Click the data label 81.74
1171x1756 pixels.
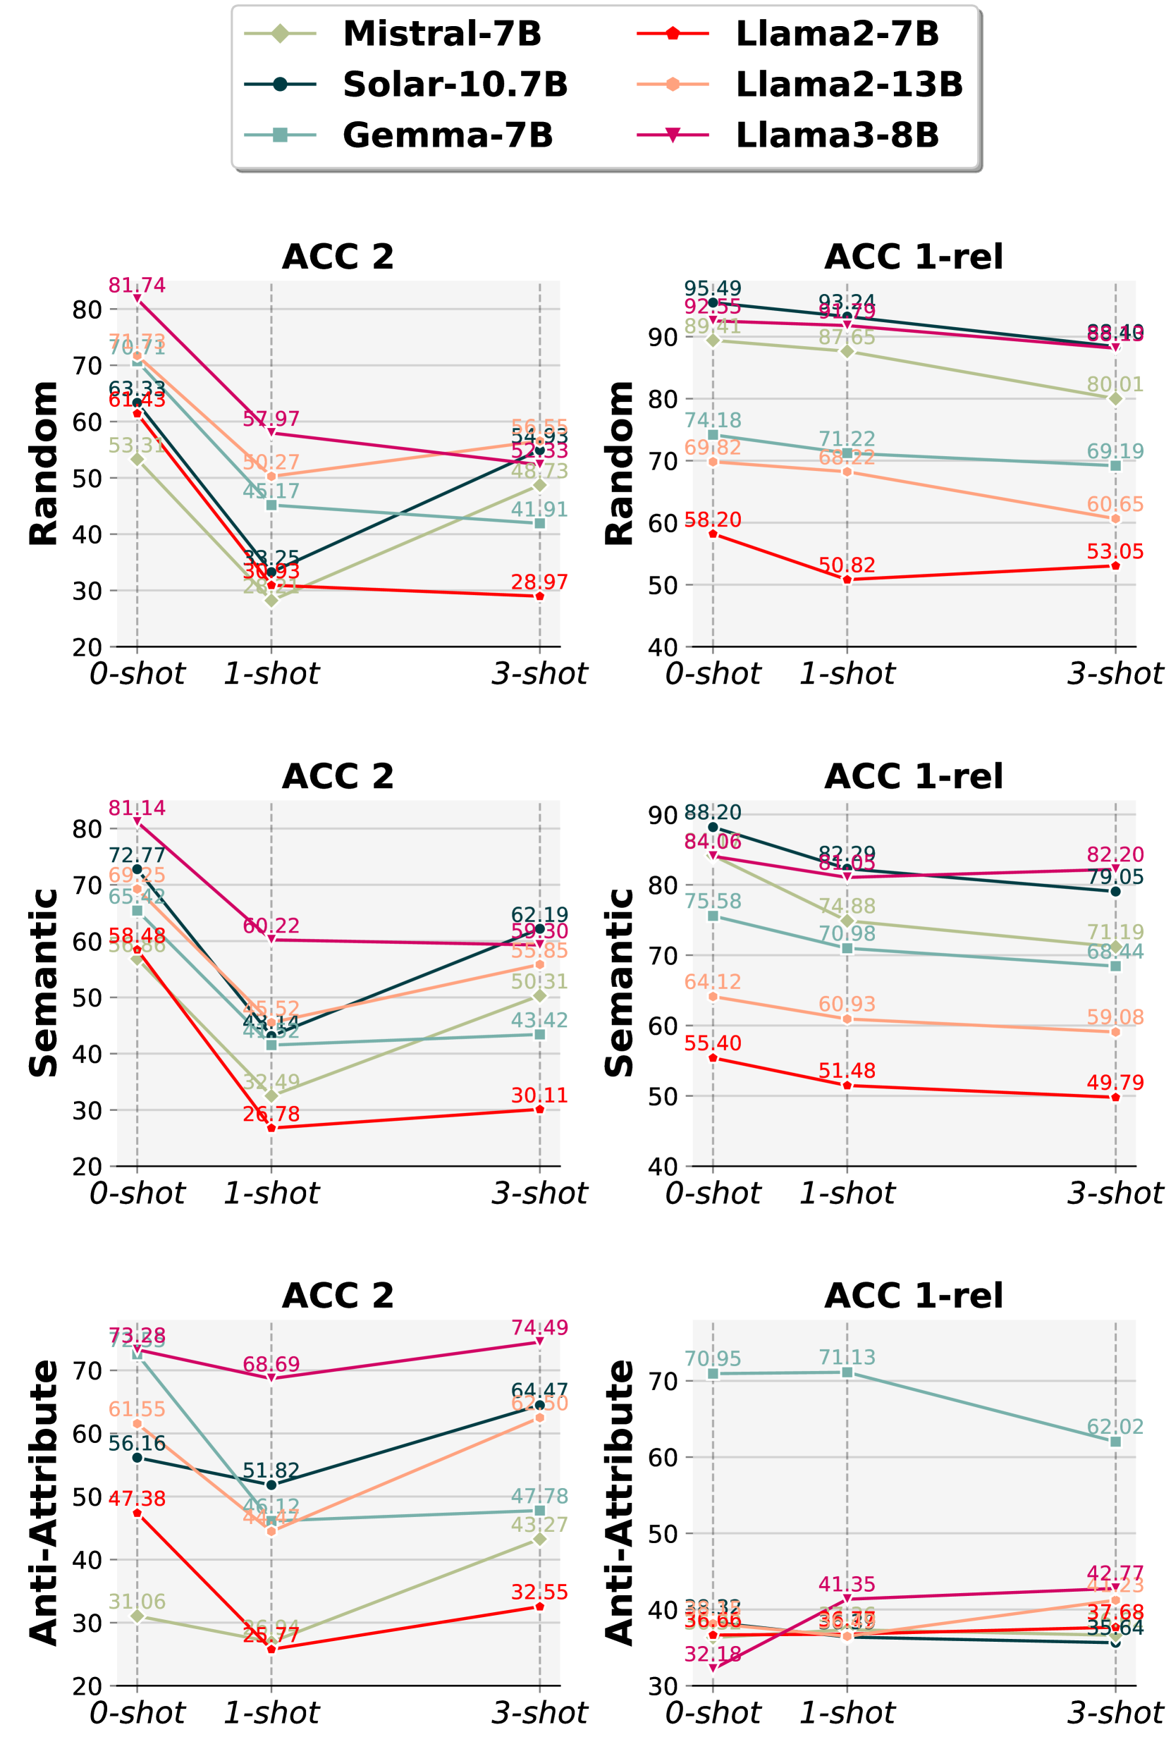pyautogui.click(x=137, y=285)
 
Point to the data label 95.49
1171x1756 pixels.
pyautogui.click(x=713, y=288)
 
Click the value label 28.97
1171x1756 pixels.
pyautogui.click(x=539, y=582)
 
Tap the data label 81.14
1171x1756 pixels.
pyautogui.click(x=137, y=808)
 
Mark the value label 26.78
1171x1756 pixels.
pyautogui.click(x=271, y=1114)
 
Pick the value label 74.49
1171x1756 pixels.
pyautogui.click(x=539, y=1327)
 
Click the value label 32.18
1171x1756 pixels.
pyautogui.click(x=713, y=1654)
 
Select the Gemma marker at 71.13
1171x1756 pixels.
pyautogui.click(x=847, y=1373)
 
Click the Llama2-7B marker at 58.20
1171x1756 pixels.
pyautogui.click(x=713, y=534)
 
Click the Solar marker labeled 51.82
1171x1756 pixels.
pyautogui.click(x=271, y=1484)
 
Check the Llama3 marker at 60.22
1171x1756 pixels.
pyautogui.click(x=271, y=939)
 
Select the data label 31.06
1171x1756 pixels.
pyautogui.click(x=137, y=1601)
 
